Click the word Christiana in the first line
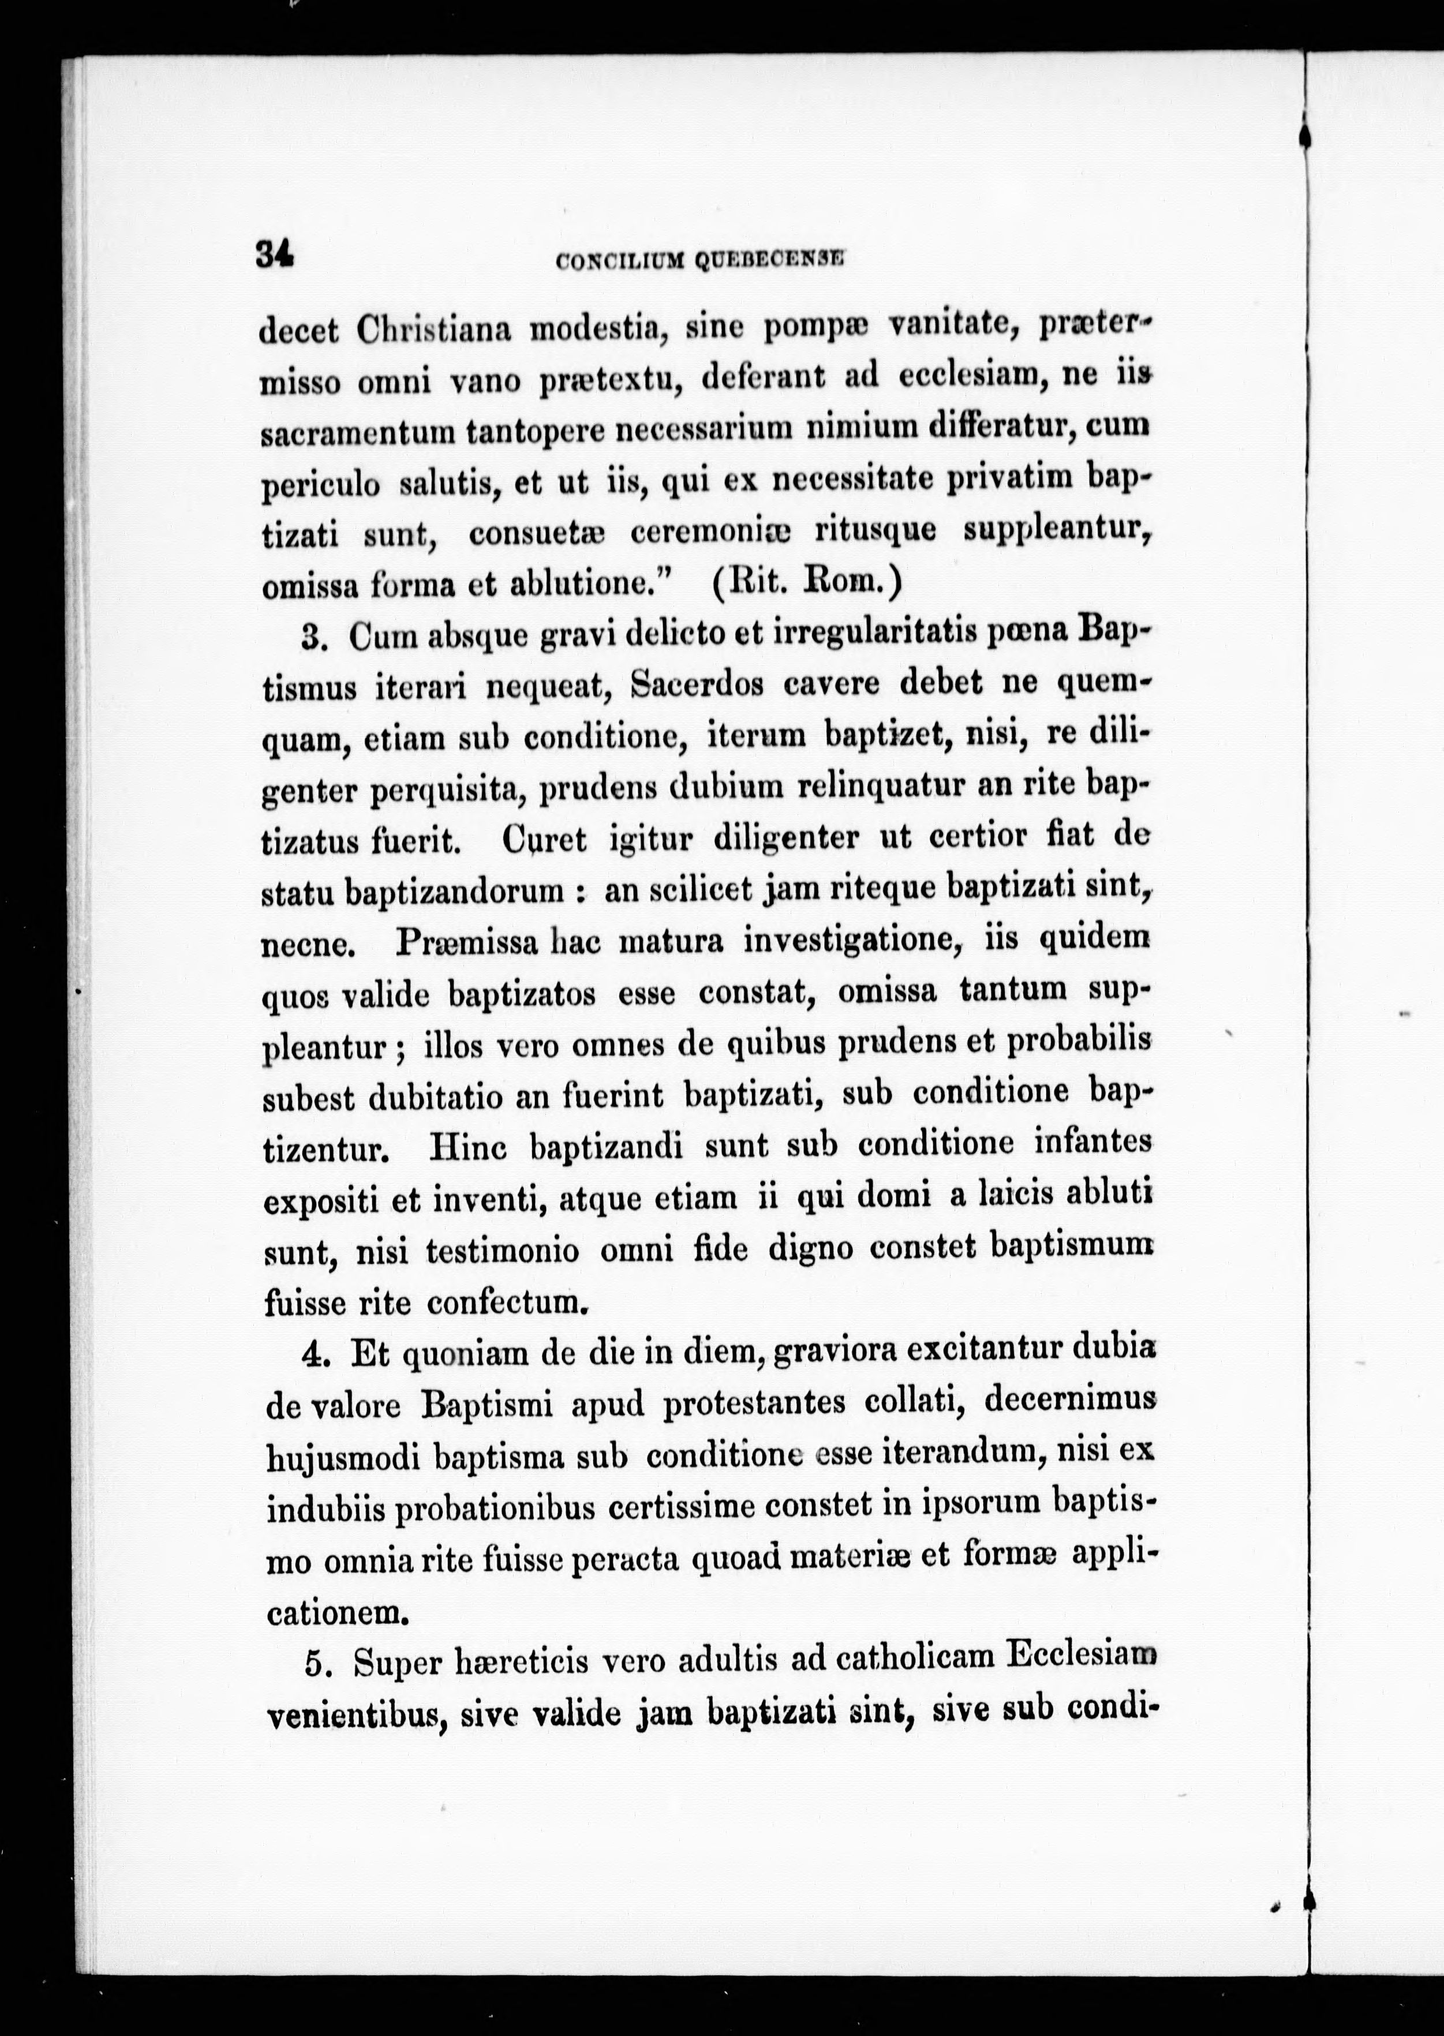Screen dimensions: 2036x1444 (x=433, y=330)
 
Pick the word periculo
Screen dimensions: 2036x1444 (x=322, y=485)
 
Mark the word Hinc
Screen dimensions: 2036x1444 (x=469, y=1147)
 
